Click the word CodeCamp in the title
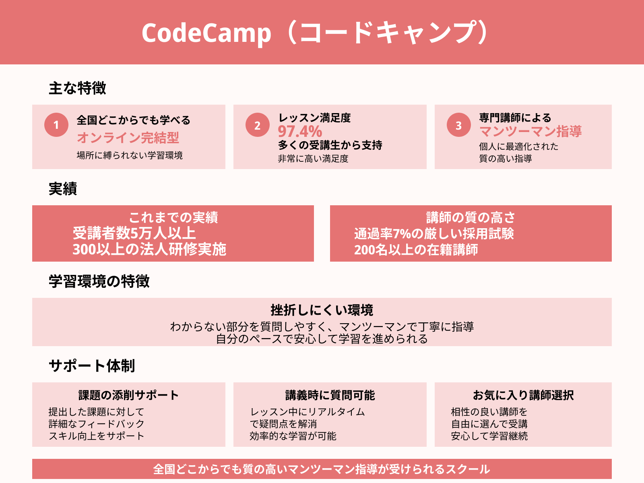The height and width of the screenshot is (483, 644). point(206,33)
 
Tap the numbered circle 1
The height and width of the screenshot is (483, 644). point(56,125)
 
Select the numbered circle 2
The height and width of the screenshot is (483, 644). point(257,125)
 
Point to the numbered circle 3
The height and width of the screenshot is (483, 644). point(458,125)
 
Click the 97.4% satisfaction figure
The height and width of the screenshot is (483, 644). point(300,131)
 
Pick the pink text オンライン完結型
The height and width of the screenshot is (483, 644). point(128,138)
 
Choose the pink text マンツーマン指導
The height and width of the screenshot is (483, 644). point(530,131)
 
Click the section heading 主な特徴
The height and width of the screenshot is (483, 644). point(77,88)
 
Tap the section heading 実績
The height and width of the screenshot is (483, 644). point(63,188)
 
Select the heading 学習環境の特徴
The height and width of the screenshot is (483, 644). point(99,281)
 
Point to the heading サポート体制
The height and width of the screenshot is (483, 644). point(92,366)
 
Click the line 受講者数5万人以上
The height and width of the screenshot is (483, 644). point(134,233)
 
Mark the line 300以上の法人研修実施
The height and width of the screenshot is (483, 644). point(149,249)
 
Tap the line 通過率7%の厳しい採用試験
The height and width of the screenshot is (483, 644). point(434,234)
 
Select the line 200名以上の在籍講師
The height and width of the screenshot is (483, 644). point(416,250)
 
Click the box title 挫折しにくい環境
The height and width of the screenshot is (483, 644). point(322,310)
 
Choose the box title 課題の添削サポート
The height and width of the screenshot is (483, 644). point(128,395)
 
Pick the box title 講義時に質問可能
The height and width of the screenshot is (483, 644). point(330,395)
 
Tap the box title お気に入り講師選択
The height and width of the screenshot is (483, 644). point(523,395)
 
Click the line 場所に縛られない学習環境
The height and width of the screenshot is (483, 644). point(130,155)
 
